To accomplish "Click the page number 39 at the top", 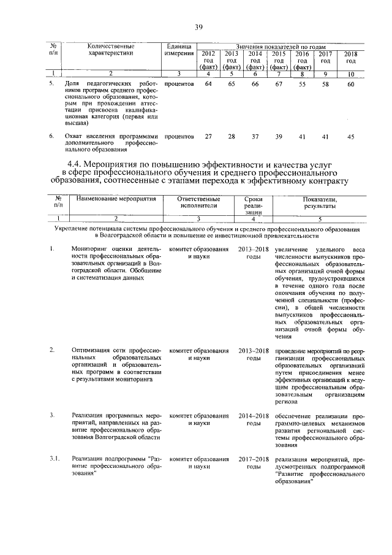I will tap(198, 26).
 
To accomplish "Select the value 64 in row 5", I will tap(208, 83).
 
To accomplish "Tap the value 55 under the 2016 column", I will tap(301, 83).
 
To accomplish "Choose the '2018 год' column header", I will tap(350, 58).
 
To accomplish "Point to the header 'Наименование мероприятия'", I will tap(113, 199).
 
